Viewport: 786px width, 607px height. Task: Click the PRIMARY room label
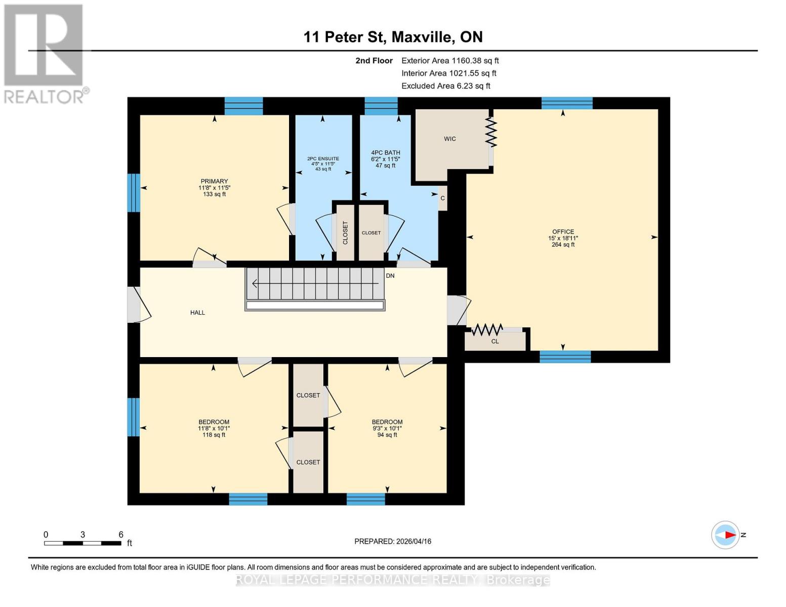(x=214, y=182)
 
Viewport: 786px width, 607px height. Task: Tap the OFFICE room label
(x=563, y=232)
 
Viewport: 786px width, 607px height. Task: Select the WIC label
(x=449, y=139)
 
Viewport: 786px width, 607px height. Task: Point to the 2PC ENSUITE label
(x=323, y=159)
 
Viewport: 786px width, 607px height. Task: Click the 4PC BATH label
(x=385, y=153)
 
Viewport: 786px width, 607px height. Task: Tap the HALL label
(x=197, y=313)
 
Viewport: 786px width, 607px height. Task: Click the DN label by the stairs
(x=390, y=276)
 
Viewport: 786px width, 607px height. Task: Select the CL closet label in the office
(x=494, y=341)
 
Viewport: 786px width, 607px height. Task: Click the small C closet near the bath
(x=442, y=198)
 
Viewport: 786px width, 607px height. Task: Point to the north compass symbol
(x=726, y=535)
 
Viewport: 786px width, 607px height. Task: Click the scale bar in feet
(x=82, y=543)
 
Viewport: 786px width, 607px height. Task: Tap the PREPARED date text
(x=392, y=541)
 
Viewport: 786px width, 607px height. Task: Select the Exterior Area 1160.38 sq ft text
(x=450, y=61)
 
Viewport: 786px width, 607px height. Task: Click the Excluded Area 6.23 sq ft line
(x=445, y=86)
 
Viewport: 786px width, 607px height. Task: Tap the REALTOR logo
(x=45, y=53)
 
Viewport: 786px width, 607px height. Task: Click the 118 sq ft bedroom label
(x=214, y=428)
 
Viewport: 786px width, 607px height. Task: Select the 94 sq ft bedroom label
(x=387, y=428)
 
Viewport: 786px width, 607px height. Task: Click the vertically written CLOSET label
(x=345, y=233)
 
